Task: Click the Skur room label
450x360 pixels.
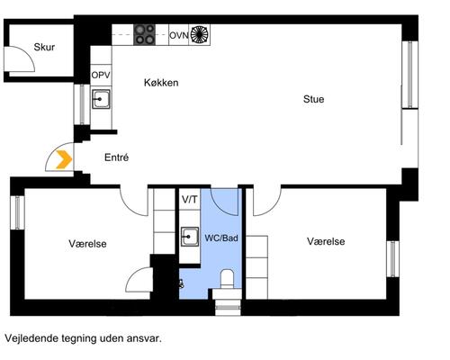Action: (x=44, y=47)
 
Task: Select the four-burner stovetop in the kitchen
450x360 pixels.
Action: (x=144, y=35)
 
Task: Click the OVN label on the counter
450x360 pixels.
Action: (x=179, y=35)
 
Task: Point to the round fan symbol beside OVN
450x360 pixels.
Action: (x=200, y=35)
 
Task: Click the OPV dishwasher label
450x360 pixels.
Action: (x=101, y=75)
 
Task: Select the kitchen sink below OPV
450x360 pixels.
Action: (x=101, y=99)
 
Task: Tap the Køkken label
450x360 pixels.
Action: (x=161, y=83)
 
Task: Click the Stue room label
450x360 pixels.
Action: (x=313, y=99)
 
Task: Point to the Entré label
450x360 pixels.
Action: (x=116, y=157)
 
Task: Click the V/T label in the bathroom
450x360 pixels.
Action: (x=190, y=199)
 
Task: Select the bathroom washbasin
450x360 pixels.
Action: (x=190, y=237)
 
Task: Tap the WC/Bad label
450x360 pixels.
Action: (x=221, y=238)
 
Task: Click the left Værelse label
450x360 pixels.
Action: (x=87, y=244)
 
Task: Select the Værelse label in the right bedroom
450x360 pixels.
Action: (x=326, y=241)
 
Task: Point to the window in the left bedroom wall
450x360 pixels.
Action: (x=18, y=212)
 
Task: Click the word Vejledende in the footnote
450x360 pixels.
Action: (x=31, y=338)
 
